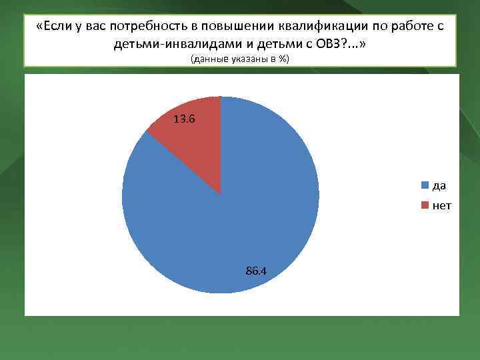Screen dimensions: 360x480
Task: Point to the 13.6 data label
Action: (x=185, y=119)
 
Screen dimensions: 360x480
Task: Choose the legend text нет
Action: (x=441, y=205)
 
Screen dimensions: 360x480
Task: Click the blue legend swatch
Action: (x=425, y=185)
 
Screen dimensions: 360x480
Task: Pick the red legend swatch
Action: (x=425, y=205)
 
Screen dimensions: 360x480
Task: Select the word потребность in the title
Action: (x=160, y=27)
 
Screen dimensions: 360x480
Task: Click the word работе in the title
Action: (x=411, y=27)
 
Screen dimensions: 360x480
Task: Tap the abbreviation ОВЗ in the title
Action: (x=331, y=44)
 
